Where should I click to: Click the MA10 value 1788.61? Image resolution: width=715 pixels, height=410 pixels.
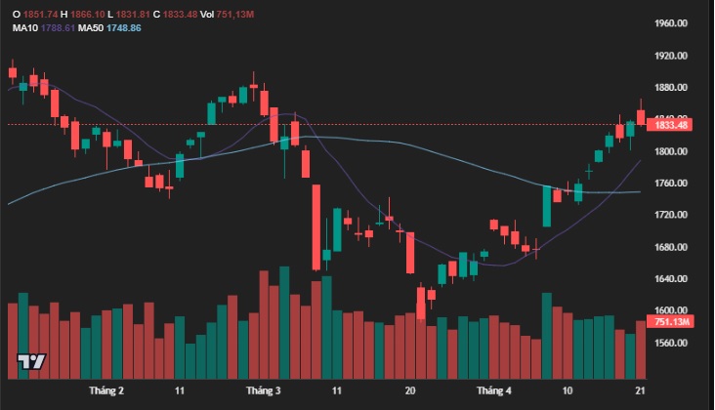(x=60, y=28)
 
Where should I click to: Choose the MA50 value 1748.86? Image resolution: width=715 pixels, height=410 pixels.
(x=123, y=28)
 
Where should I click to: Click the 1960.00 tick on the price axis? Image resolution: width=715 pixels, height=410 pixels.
(x=675, y=23)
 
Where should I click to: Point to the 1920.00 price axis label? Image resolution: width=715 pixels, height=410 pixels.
(x=675, y=56)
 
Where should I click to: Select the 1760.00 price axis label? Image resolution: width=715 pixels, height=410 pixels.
(x=675, y=184)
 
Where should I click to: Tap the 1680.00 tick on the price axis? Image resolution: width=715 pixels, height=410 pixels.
(x=675, y=247)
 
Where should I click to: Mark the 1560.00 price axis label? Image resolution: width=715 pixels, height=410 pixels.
(x=675, y=344)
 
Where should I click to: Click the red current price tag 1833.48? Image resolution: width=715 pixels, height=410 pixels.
(x=672, y=125)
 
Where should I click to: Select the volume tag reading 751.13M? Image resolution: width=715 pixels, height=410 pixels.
(x=672, y=322)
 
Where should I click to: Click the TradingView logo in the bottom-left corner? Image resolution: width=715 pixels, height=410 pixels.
(x=31, y=362)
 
